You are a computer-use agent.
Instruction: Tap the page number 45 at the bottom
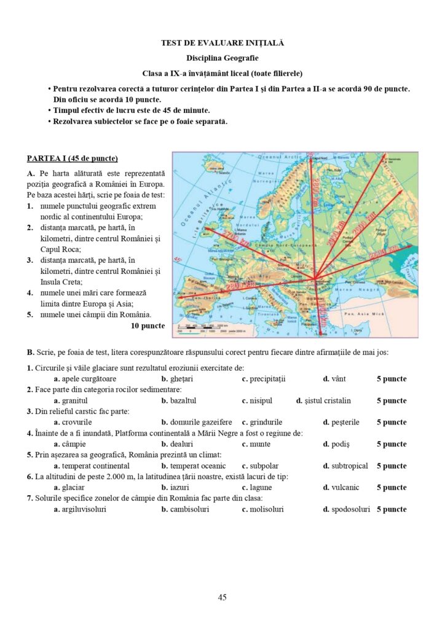click(x=222, y=597)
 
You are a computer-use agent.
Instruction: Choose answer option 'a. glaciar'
click(x=69, y=487)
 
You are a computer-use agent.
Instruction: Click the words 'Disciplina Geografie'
click(x=222, y=58)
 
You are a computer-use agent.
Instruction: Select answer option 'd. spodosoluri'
click(x=347, y=509)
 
